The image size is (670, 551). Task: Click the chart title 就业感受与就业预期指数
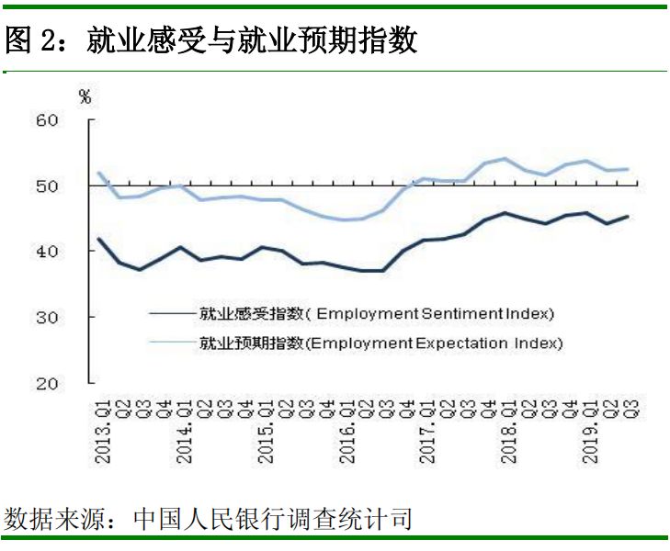tap(253, 40)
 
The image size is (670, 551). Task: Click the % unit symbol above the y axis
tap(85, 97)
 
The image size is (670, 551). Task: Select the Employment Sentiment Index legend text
tap(377, 314)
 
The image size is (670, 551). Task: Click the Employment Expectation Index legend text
tap(380, 343)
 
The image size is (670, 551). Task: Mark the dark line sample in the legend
tap(173, 314)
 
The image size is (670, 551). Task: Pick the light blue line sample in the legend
tap(173, 343)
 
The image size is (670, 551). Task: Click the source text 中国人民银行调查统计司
tap(272, 517)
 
